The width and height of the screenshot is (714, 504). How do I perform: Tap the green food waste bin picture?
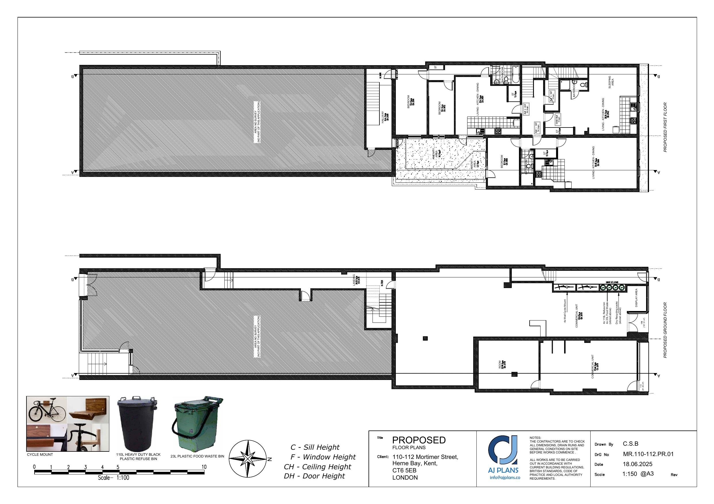[x=197, y=424]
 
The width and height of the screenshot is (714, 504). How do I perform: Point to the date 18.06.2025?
[x=637, y=464]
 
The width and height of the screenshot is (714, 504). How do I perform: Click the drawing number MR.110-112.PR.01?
[x=648, y=454]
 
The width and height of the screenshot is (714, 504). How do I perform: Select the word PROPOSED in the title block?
[x=419, y=440]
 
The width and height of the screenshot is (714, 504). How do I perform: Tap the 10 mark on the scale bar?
[x=204, y=467]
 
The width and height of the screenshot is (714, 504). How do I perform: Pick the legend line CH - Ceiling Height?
[x=317, y=467]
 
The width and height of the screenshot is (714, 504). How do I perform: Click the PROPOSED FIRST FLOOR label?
[x=665, y=127]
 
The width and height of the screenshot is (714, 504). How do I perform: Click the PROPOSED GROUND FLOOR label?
[x=665, y=330]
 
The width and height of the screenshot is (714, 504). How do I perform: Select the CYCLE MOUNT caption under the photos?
[x=40, y=455]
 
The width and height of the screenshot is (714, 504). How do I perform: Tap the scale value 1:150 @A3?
[x=638, y=474]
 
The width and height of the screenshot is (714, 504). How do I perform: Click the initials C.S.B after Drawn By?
[x=630, y=444]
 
